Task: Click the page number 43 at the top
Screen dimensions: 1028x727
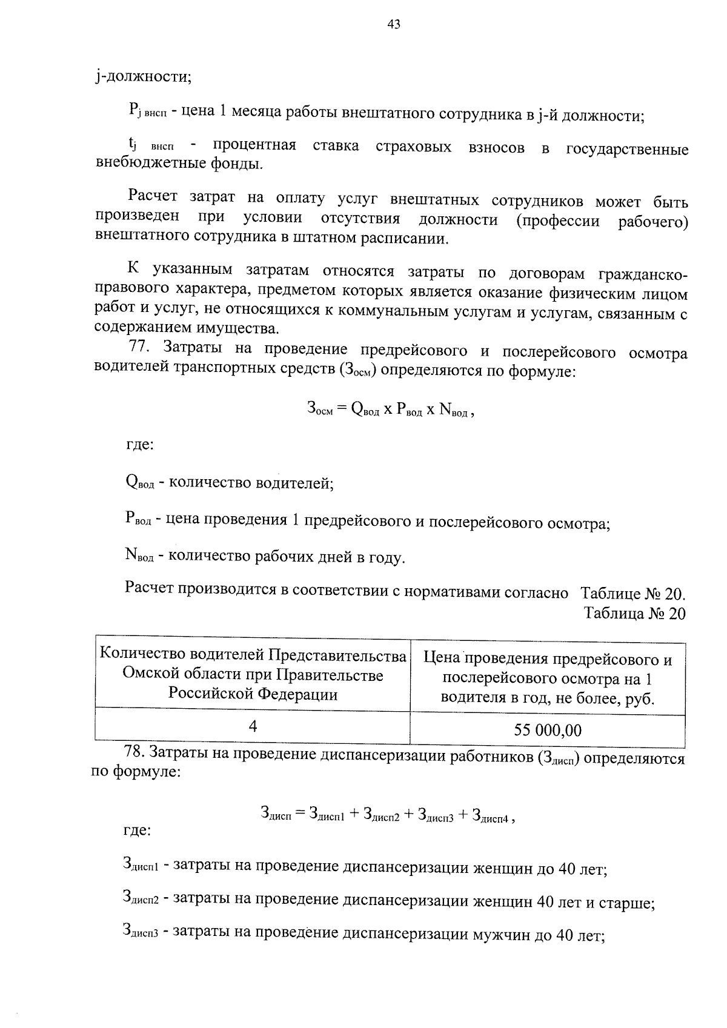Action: pyautogui.click(x=393, y=24)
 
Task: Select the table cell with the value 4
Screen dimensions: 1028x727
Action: pyautogui.click(x=253, y=726)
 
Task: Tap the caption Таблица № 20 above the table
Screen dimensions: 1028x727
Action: pyautogui.click(x=634, y=614)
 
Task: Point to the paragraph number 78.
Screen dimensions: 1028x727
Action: pyautogui.click(x=134, y=753)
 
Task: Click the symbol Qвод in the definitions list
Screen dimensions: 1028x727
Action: pyautogui.click(x=139, y=483)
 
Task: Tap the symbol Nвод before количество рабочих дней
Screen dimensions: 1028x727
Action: pyautogui.click(x=139, y=555)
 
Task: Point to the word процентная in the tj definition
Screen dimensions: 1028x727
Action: pyautogui.click(x=254, y=145)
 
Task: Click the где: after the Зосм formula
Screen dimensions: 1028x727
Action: pyautogui.click(x=139, y=445)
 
